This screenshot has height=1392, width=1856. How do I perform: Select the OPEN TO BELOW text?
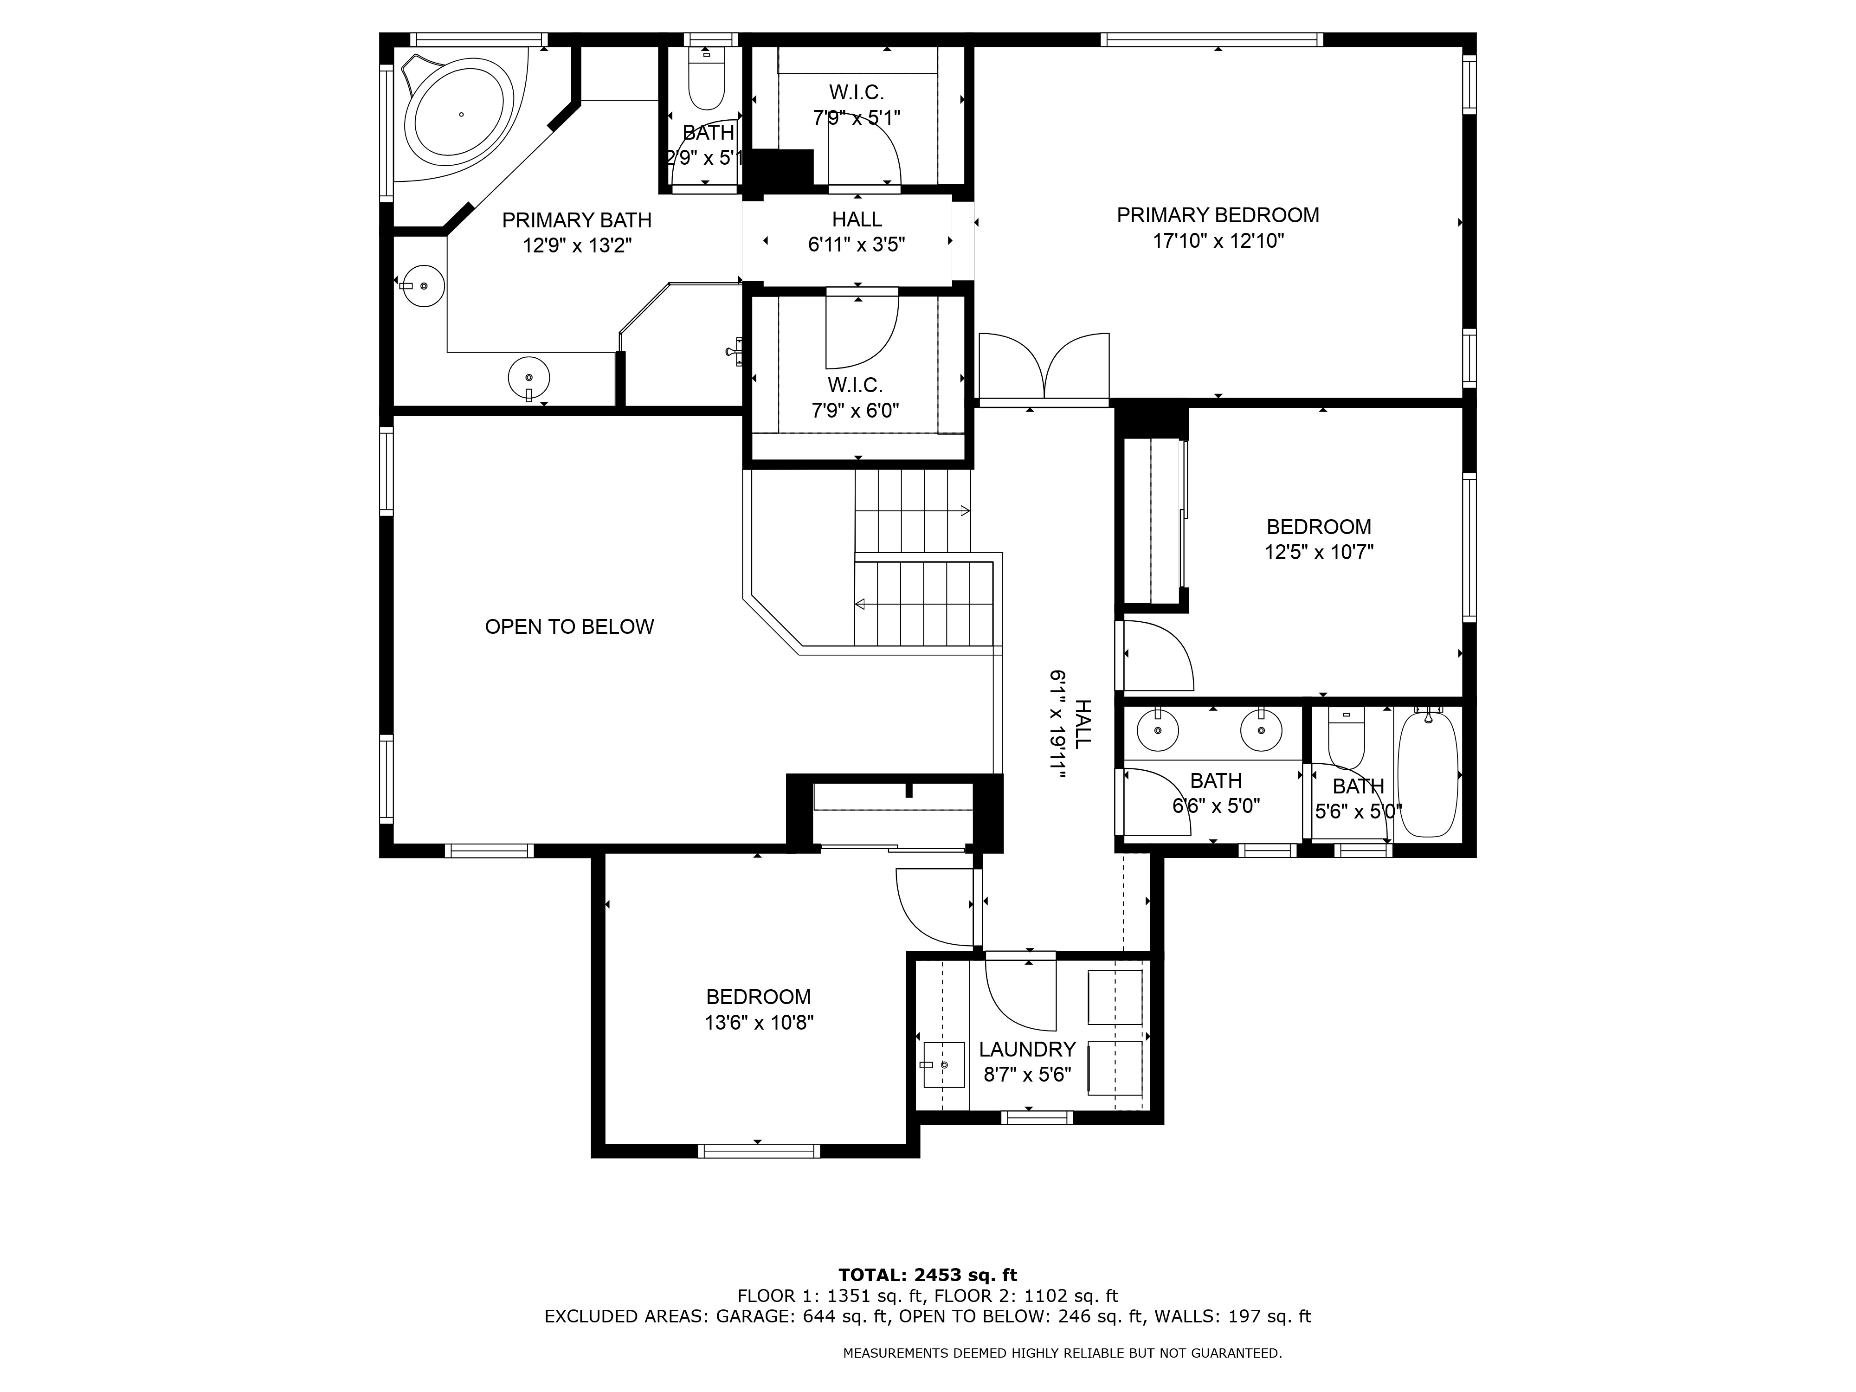coord(569,627)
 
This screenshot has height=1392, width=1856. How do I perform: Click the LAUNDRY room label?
coord(1027,1050)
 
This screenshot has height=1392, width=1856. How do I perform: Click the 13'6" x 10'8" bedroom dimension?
coord(759,1023)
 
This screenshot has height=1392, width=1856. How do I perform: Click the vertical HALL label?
coord(1083,724)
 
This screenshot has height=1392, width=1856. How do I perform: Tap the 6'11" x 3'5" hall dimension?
coord(857,245)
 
